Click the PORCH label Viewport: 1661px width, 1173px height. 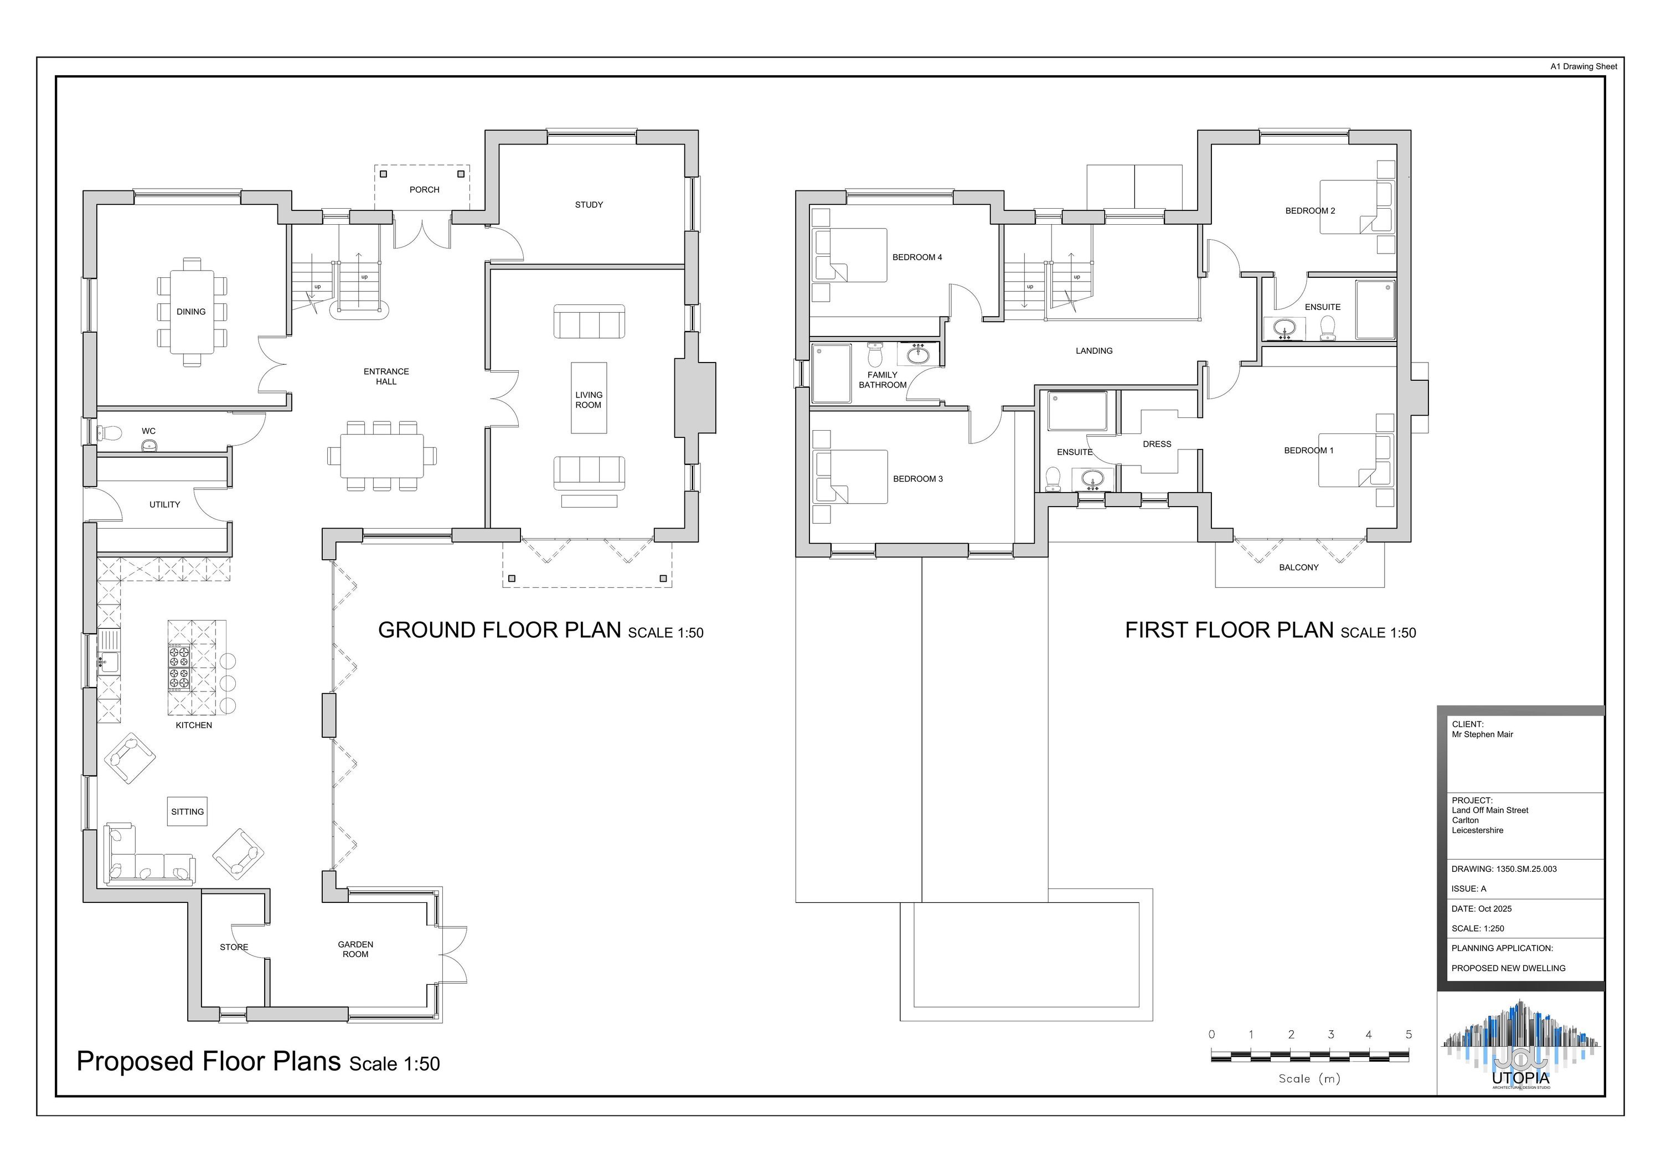point(424,189)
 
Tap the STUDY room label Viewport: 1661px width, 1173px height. point(589,205)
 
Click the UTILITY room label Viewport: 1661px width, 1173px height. point(165,505)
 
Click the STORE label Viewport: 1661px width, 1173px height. point(234,947)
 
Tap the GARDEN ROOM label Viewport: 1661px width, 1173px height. point(355,949)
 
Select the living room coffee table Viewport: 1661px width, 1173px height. point(589,398)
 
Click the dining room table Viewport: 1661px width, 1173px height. point(192,312)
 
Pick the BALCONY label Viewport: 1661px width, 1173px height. point(1298,568)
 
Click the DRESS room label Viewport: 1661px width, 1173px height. point(1157,444)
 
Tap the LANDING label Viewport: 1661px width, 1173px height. point(1094,351)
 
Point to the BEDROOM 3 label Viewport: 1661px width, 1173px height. point(918,479)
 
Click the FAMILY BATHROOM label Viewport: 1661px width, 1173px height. point(883,380)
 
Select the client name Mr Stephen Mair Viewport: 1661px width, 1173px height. point(1482,735)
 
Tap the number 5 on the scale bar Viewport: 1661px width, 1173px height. point(1409,1035)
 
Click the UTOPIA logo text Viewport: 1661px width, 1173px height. point(1521,1078)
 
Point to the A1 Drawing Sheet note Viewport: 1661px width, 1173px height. point(1583,66)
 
